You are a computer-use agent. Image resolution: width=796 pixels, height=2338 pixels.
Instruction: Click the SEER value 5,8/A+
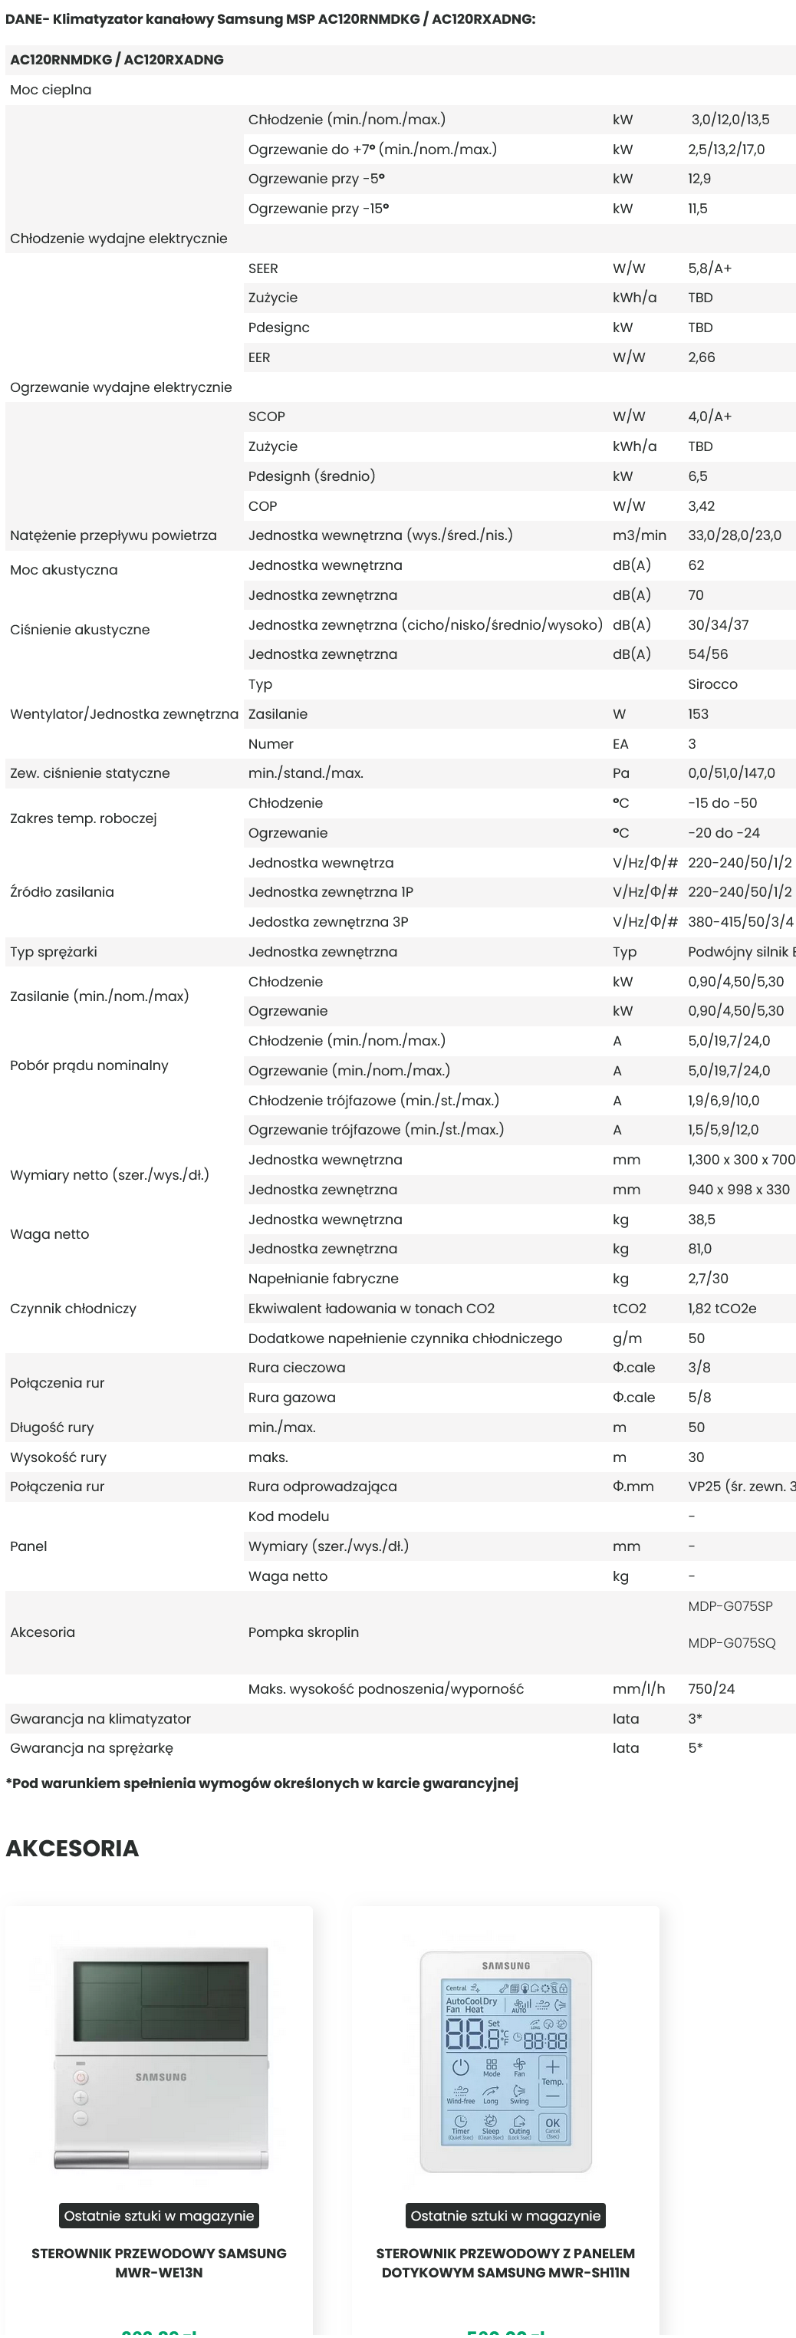pos(709,268)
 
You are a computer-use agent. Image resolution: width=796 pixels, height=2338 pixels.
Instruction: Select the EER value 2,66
pos(701,357)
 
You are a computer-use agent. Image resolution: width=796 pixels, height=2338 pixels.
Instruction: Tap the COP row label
pos(262,506)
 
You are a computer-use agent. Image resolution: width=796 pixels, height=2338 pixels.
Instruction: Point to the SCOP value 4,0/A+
pos(709,417)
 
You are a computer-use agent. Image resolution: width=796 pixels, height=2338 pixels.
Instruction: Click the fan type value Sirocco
pos(712,684)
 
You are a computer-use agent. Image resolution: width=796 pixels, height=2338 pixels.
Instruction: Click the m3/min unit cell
pos(638,535)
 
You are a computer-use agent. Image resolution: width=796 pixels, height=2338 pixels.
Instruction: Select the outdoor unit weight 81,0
pos(699,1249)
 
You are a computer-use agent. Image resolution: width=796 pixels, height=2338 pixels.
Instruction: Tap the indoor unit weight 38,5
pos(701,1220)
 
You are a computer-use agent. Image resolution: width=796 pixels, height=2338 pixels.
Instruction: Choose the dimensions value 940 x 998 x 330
pos(738,1190)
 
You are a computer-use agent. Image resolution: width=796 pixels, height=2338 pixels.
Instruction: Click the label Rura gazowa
pos(291,1398)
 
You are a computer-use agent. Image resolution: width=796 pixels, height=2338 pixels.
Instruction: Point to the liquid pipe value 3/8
pos(699,1368)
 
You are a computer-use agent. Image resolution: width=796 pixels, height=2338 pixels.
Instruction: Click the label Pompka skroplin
pos(303,1632)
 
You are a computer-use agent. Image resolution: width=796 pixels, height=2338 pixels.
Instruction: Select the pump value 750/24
pos(711,1689)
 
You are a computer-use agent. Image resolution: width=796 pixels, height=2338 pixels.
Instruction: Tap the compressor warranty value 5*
pos(694,1748)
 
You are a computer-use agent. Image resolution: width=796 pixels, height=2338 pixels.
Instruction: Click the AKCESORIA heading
pos(73,1848)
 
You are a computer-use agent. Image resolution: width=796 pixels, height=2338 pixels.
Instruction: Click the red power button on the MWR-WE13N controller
pos(81,2077)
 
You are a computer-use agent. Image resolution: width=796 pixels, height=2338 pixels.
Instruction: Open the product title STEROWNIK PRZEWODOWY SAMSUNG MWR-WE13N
pos(159,2263)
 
